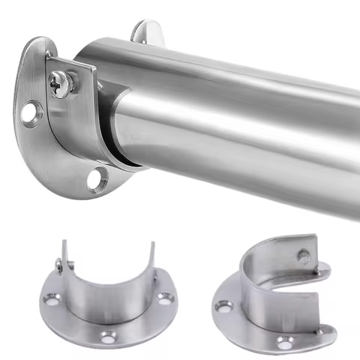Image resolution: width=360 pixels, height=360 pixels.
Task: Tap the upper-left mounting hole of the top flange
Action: pyautogui.click(x=29, y=113)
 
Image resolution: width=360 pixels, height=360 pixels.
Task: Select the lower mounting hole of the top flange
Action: pyautogui.click(x=94, y=179)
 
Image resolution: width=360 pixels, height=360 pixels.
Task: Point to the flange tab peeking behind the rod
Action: pyautogui.click(x=147, y=31)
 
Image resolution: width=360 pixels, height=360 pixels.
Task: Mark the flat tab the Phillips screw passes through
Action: pyautogui.click(x=81, y=75)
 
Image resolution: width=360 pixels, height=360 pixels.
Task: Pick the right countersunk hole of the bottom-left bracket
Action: pyautogui.click(x=164, y=298)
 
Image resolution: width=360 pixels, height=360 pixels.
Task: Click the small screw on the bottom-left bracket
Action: pyautogui.click(x=58, y=263)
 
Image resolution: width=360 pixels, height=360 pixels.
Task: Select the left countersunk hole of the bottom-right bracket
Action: pyautogui.click(x=223, y=307)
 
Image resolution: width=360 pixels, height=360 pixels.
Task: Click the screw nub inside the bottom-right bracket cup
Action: pyautogui.click(x=302, y=256)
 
